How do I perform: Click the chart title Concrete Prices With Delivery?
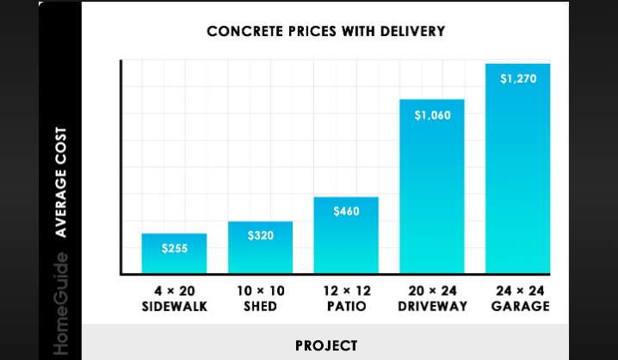click(x=325, y=33)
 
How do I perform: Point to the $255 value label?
click(x=174, y=248)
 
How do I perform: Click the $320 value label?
click(x=260, y=235)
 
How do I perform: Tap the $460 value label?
click(x=346, y=211)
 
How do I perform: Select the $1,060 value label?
click(x=432, y=115)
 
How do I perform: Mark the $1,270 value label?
click(x=517, y=79)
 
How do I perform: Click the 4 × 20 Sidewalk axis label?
click(x=174, y=298)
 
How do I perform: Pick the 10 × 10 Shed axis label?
click(x=260, y=298)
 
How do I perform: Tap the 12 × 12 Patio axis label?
click(x=346, y=298)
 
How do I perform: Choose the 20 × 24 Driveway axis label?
click(x=432, y=298)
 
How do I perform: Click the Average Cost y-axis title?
click(x=62, y=183)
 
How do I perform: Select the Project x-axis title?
click(x=325, y=346)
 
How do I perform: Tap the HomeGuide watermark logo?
click(x=62, y=306)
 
